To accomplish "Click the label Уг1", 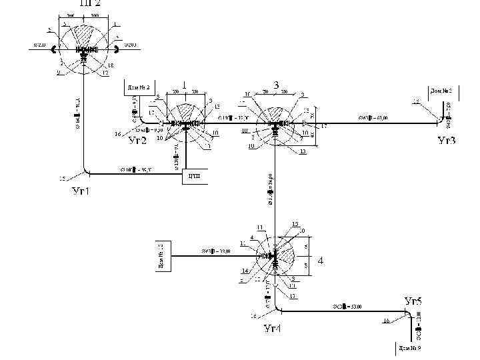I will (x=81, y=192).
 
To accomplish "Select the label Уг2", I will (x=137, y=141).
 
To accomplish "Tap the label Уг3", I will (x=447, y=141).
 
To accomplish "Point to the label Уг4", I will (x=273, y=328).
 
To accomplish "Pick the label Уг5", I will (x=413, y=301).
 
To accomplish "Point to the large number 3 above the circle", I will (x=277, y=85).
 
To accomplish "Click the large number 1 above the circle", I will (x=183, y=85).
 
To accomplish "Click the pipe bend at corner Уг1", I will (x=87, y=170).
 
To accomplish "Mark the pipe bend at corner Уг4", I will (x=278, y=308).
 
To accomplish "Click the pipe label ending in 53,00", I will (x=347, y=307).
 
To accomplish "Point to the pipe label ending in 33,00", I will (x=216, y=251).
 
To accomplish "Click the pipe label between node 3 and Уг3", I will (x=373, y=118).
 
